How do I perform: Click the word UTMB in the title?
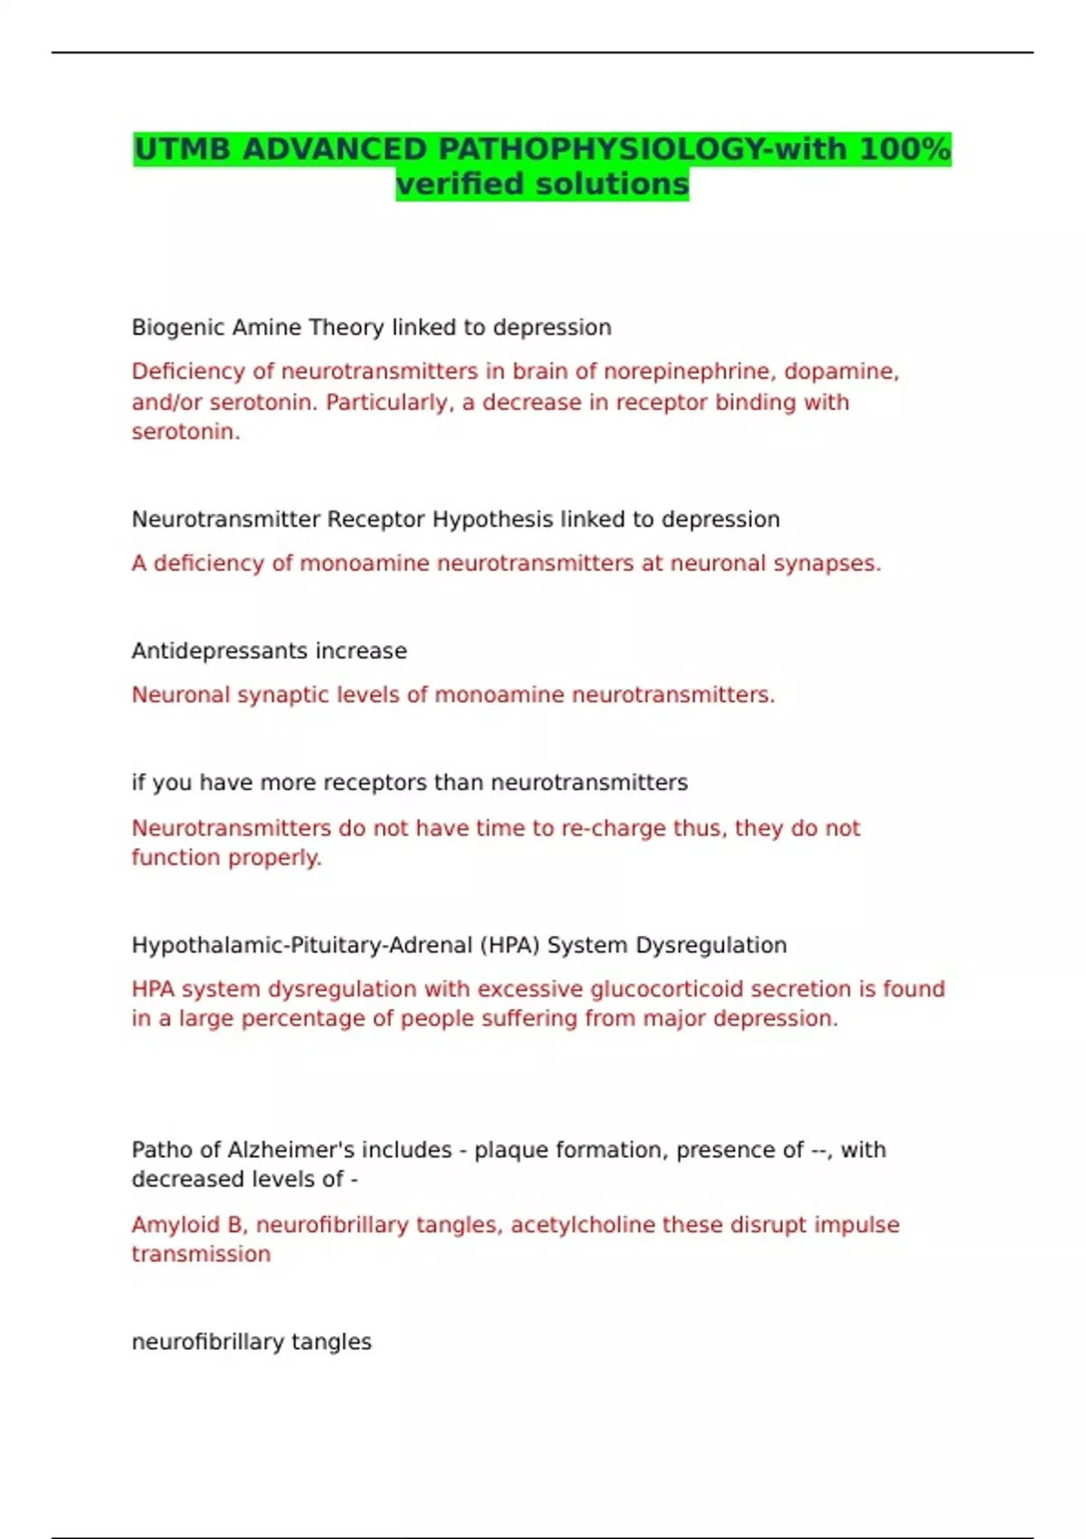tap(184, 148)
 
